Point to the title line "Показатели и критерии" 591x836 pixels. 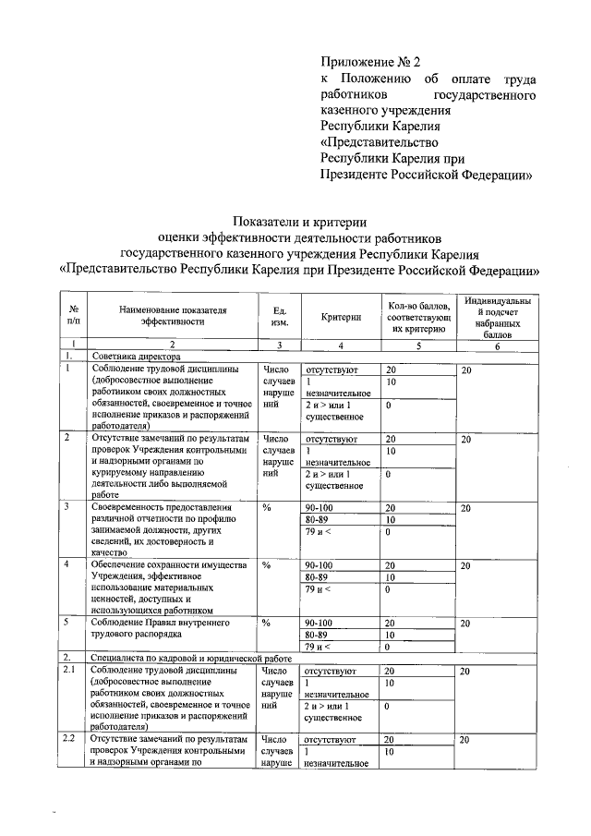tap(300, 222)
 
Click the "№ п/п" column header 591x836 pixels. tap(73, 315)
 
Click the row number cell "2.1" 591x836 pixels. tap(67, 670)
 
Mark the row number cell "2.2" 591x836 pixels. tap(67, 739)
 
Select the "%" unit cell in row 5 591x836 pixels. tap(267, 623)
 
